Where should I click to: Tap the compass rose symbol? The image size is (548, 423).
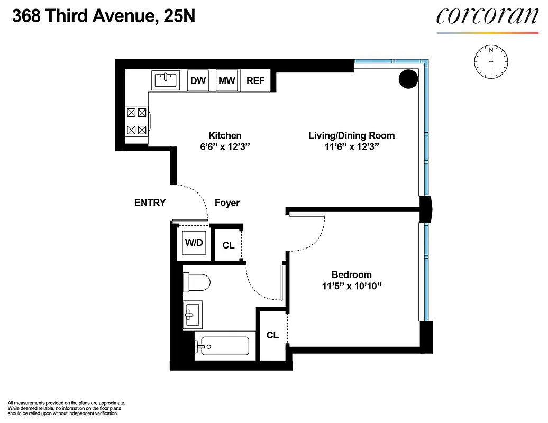[x=491, y=61]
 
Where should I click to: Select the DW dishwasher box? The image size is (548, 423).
[x=198, y=80]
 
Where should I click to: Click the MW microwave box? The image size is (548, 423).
[x=227, y=80]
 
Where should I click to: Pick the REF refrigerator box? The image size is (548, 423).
[x=256, y=80]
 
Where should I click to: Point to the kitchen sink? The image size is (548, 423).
[x=166, y=80]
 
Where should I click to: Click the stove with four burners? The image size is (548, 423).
[x=137, y=121]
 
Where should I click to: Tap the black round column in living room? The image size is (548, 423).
[x=408, y=79]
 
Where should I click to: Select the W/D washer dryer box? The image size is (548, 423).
[x=193, y=243]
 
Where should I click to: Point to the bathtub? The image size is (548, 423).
[x=222, y=347]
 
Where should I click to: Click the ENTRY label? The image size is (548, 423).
[x=150, y=203]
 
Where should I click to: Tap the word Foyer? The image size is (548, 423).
[x=227, y=203]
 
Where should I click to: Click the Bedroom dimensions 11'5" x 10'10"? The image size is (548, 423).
[x=351, y=286]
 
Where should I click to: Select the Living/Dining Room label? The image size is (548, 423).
[x=352, y=136]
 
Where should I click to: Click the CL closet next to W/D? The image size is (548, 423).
[x=229, y=245]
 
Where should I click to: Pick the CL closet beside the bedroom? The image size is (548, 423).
[x=272, y=335]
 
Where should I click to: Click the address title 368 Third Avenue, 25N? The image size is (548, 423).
[x=104, y=17]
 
